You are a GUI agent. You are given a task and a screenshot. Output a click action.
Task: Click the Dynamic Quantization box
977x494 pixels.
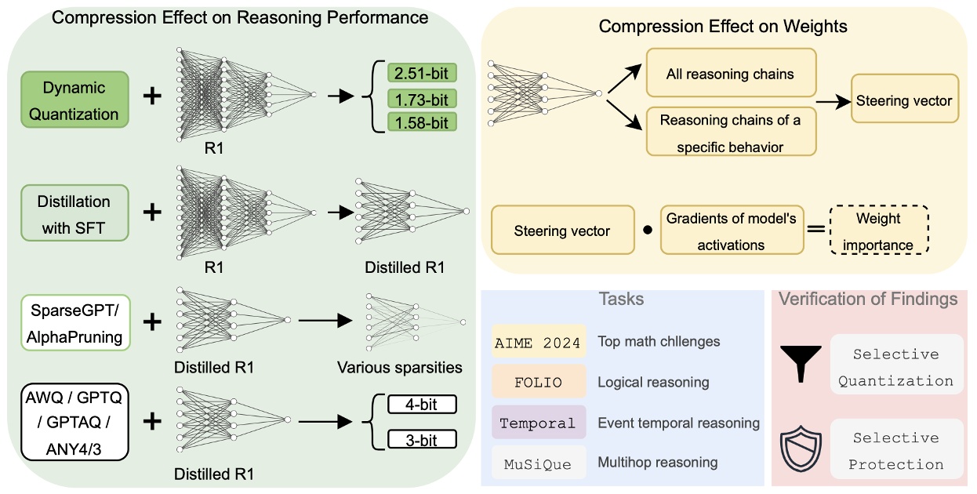[74, 100]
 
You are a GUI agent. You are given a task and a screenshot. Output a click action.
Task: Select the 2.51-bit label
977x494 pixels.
[422, 74]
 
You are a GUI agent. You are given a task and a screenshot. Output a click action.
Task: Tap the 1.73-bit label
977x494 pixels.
[422, 99]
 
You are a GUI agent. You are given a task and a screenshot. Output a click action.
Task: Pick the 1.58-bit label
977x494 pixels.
[422, 122]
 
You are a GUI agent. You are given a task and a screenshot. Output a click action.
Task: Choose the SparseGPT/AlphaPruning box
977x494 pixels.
[74, 321]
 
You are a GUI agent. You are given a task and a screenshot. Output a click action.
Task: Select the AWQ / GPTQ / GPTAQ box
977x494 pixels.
[74, 422]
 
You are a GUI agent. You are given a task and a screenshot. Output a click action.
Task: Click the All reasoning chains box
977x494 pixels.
[731, 74]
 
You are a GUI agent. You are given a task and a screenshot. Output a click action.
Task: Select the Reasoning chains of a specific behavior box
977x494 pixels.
[731, 133]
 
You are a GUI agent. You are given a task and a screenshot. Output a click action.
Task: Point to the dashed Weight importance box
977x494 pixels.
[878, 231]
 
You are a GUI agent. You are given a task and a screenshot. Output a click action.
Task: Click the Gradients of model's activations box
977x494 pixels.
[731, 231]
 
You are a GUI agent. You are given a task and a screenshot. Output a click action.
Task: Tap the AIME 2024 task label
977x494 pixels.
[539, 342]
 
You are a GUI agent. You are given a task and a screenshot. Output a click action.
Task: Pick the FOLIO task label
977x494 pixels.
[539, 382]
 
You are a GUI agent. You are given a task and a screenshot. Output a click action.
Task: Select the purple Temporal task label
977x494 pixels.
[539, 423]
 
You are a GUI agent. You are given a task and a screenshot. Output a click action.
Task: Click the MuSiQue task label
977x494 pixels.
[539, 463]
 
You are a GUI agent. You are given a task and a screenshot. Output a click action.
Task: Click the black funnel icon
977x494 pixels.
[800, 364]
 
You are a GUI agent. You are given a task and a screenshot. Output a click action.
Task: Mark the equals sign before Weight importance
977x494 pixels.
[815, 231]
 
